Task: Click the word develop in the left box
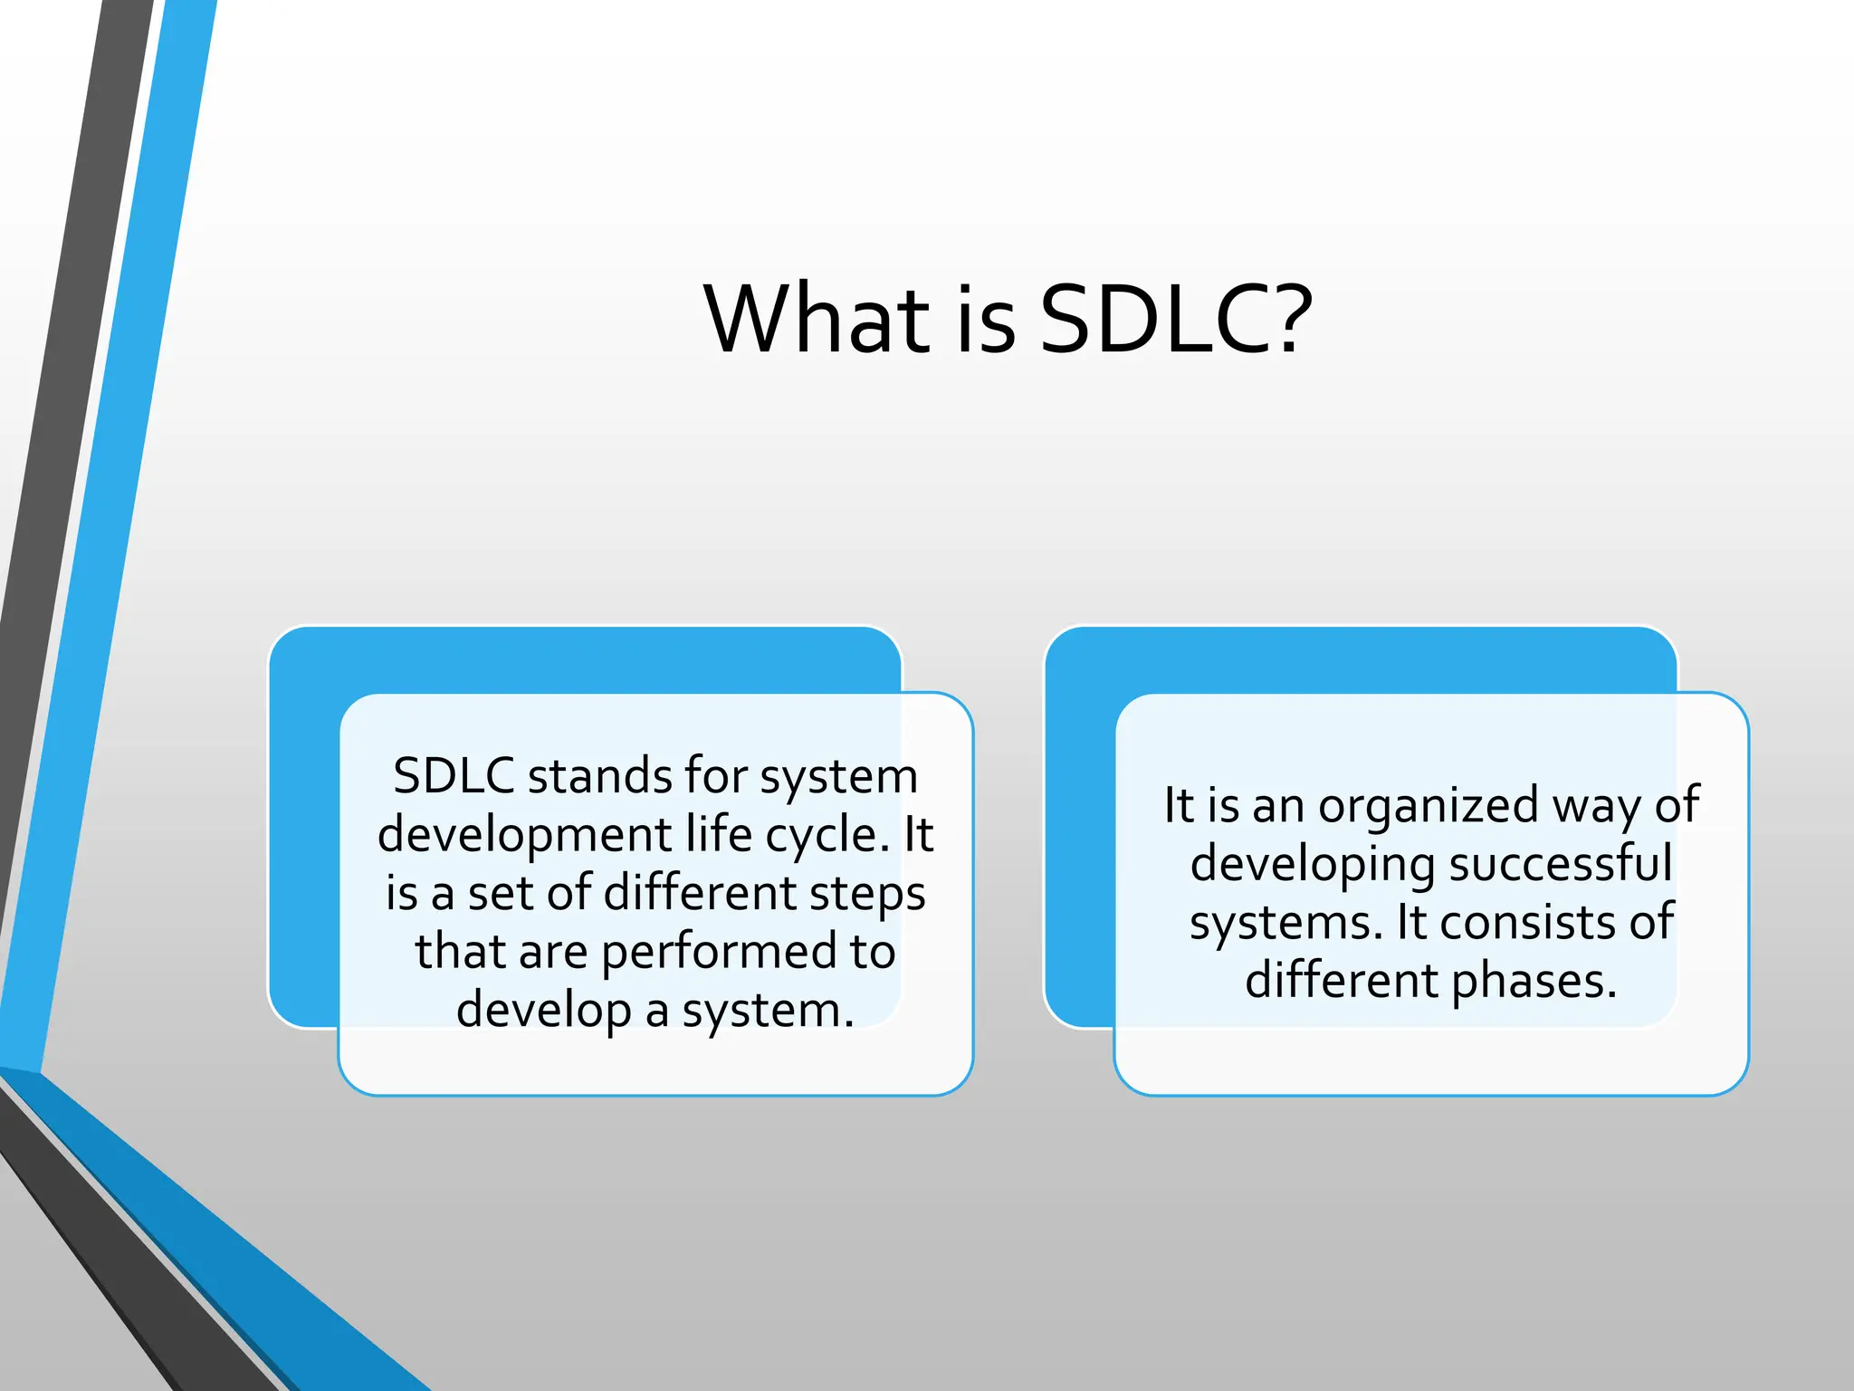[x=543, y=1011]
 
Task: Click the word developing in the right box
[x=1313, y=863]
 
